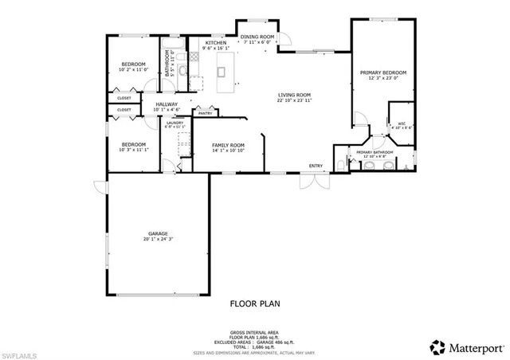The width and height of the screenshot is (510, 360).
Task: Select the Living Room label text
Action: coord(294,95)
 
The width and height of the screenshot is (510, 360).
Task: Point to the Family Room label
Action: coord(227,145)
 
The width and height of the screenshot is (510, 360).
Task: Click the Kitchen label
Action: coord(216,43)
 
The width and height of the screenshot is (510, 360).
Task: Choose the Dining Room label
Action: coord(257,37)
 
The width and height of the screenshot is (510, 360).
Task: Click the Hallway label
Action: coord(167,104)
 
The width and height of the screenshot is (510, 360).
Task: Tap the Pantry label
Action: coord(205,114)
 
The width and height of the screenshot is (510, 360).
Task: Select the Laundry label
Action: coord(175,122)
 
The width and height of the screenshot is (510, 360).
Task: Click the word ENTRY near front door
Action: coord(316,166)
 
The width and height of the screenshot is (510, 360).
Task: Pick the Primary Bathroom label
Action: coord(375,151)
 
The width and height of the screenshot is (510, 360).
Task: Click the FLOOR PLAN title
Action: coord(255,303)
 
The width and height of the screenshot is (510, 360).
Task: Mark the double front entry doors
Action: coord(314,180)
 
